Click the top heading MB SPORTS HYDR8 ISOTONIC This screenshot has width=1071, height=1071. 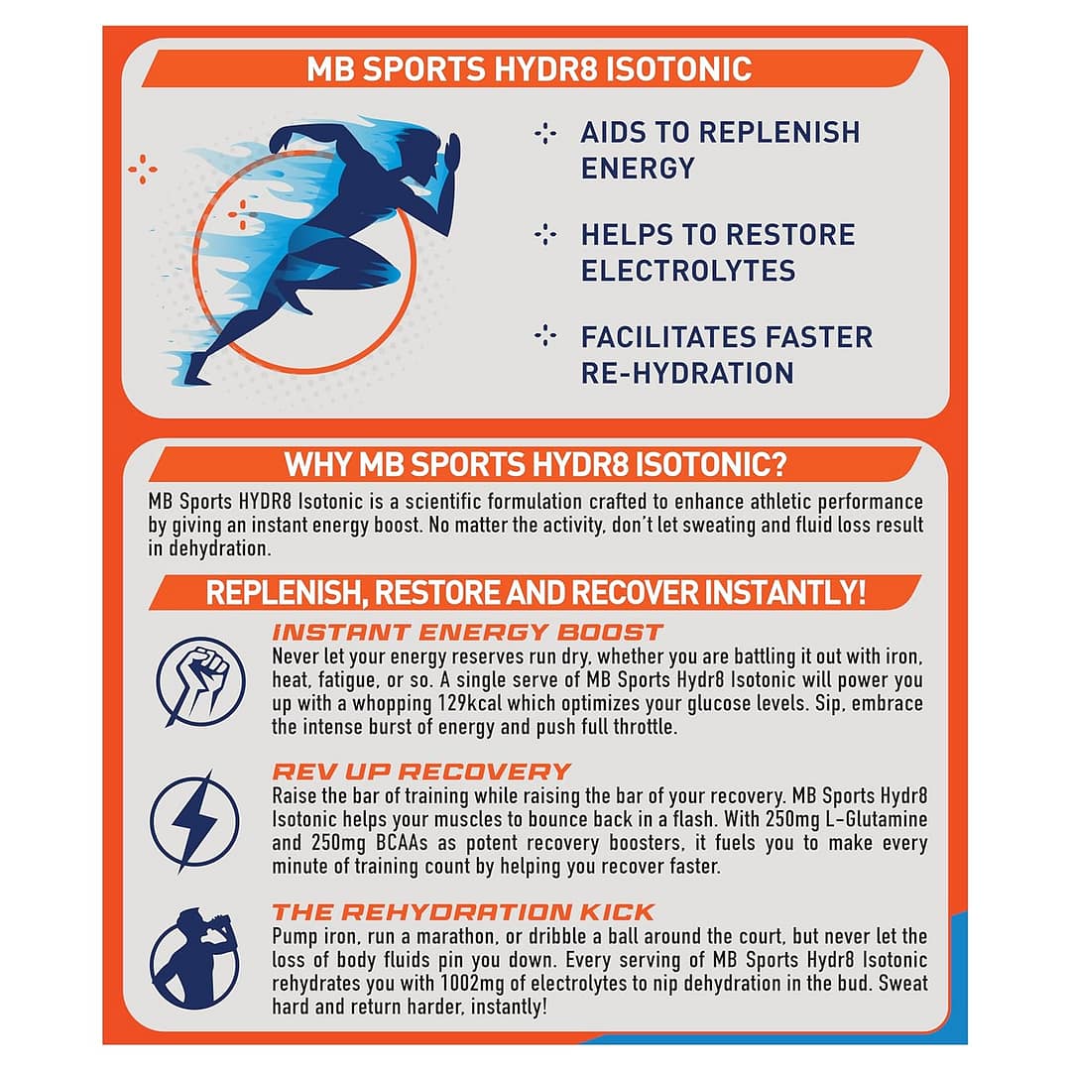point(529,69)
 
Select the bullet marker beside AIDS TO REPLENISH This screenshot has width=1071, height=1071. point(544,133)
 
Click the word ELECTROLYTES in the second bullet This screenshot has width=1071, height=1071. point(687,271)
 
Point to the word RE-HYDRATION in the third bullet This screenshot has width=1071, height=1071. point(687,373)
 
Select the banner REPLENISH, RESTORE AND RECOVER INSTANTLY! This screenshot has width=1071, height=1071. point(535,593)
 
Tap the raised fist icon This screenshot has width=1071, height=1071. point(200,681)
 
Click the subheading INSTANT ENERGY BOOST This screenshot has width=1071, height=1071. point(467,633)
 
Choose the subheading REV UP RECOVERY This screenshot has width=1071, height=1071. point(421,772)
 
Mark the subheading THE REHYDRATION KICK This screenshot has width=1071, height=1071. point(463,911)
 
